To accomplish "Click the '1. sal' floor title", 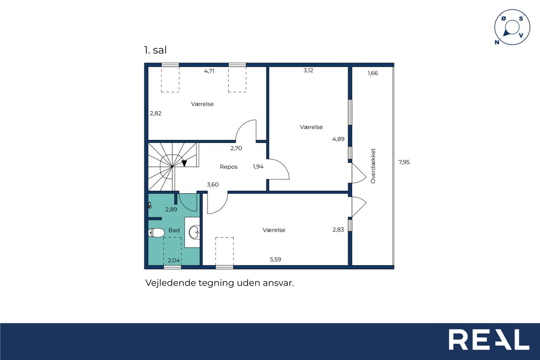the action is [x=155, y=50].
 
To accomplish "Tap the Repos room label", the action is [x=229, y=167].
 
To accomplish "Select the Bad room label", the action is [x=174, y=230].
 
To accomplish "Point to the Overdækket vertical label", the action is [x=373, y=166].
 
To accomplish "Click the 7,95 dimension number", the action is [x=404, y=162].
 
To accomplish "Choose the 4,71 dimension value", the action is [x=209, y=71].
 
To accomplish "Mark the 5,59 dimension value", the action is [x=275, y=260].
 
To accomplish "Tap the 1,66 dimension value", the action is [x=373, y=73].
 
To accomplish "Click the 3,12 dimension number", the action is [x=308, y=70].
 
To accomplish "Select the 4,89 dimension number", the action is [x=338, y=139].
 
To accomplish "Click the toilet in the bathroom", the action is [x=156, y=233].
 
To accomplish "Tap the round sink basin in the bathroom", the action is [x=194, y=232].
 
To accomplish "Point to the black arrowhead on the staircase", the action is [x=184, y=163].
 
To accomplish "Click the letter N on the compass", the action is [x=497, y=43].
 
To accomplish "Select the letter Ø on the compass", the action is [x=504, y=19].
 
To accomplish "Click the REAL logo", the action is [x=489, y=339].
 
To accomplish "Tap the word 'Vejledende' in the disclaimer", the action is [x=171, y=283].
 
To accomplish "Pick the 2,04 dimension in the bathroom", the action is [x=174, y=260].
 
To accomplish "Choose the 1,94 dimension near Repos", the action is [x=258, y=167].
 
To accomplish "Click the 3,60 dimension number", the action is [x=213, y=185].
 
